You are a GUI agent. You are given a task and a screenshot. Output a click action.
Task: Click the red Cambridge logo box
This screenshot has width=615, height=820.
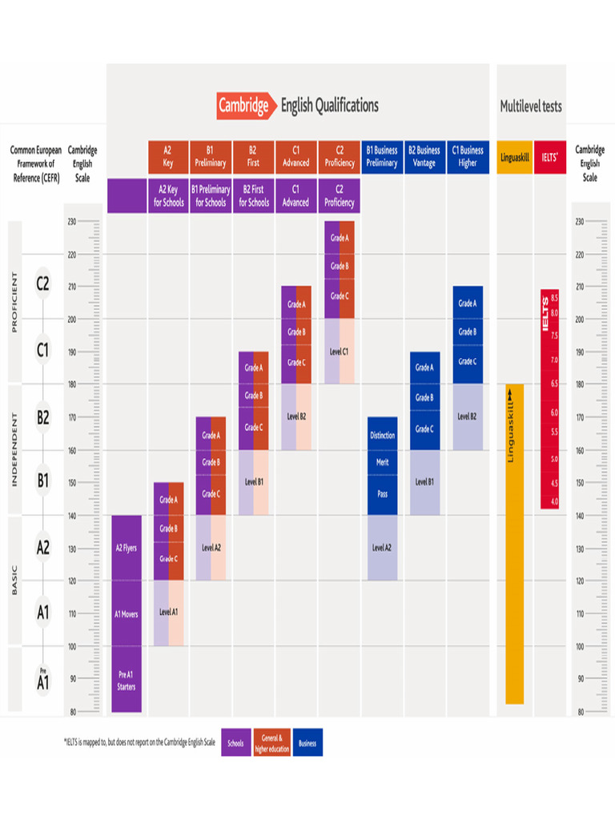click(x=243, y=106)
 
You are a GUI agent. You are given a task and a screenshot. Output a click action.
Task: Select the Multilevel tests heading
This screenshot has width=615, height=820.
click(x=531, y=106)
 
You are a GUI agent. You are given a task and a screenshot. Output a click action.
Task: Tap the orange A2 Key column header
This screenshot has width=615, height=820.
click(x=168, y=156)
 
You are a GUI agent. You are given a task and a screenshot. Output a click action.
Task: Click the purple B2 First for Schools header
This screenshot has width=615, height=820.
click(x=253, y=196)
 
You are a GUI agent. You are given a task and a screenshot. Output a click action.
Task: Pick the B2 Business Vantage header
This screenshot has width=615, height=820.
click(x=424, y=156)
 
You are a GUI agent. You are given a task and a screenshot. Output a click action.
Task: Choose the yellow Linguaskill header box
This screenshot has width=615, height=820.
click(x=514, y=157)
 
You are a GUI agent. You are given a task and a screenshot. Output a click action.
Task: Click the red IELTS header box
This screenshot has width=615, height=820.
click(x=549, y=157)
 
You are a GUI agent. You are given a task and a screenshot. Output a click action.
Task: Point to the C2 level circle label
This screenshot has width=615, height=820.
click(x=43, y=283)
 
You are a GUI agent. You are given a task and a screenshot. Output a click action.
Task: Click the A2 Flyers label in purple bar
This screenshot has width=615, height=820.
click(x=127, y=549)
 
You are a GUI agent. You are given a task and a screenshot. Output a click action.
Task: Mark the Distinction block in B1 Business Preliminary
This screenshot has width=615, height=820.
click(x=382, y=436)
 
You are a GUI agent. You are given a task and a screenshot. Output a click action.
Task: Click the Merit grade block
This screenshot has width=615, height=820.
click(x=382, y=463)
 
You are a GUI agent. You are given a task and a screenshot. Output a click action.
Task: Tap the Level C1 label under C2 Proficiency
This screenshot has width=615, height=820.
click(x=339, y=352)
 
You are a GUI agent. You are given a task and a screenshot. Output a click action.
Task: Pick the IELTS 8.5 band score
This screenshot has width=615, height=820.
click(x=554, y=297)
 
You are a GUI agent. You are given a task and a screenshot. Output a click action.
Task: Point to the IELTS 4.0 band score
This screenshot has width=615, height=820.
click(x=554, y=501)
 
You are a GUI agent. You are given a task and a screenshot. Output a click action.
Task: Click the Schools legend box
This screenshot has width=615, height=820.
click(x=235, y=743)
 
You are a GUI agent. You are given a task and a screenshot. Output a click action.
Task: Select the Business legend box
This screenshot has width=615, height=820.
click(x=307, y=743)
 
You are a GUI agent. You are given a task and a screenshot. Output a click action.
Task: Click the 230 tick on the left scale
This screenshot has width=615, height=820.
click(x=71, y=222)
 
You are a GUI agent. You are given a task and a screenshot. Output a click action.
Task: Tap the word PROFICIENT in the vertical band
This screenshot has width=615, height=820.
click(x=14, y=302)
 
